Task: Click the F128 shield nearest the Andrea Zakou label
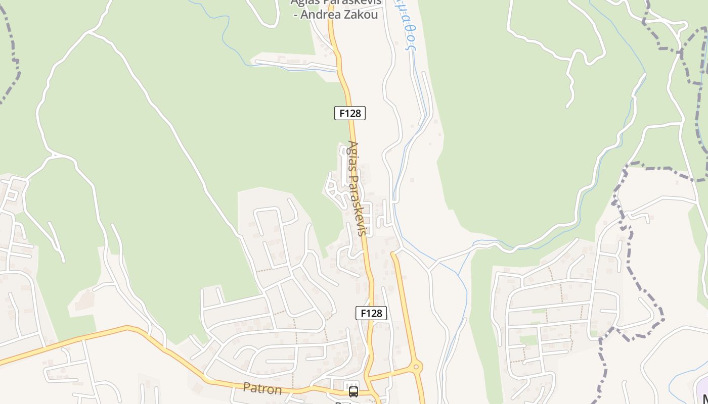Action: click(x=349, y=113)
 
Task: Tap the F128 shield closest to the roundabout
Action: click(x=371, y=313)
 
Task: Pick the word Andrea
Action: click(x=321, y=15)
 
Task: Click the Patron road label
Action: click(x=262, y=388)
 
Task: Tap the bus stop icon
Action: click(x=353, y=391)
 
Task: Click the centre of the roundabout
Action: click(x=416, y=367)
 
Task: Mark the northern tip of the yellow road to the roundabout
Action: click(x=392, y=254)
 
